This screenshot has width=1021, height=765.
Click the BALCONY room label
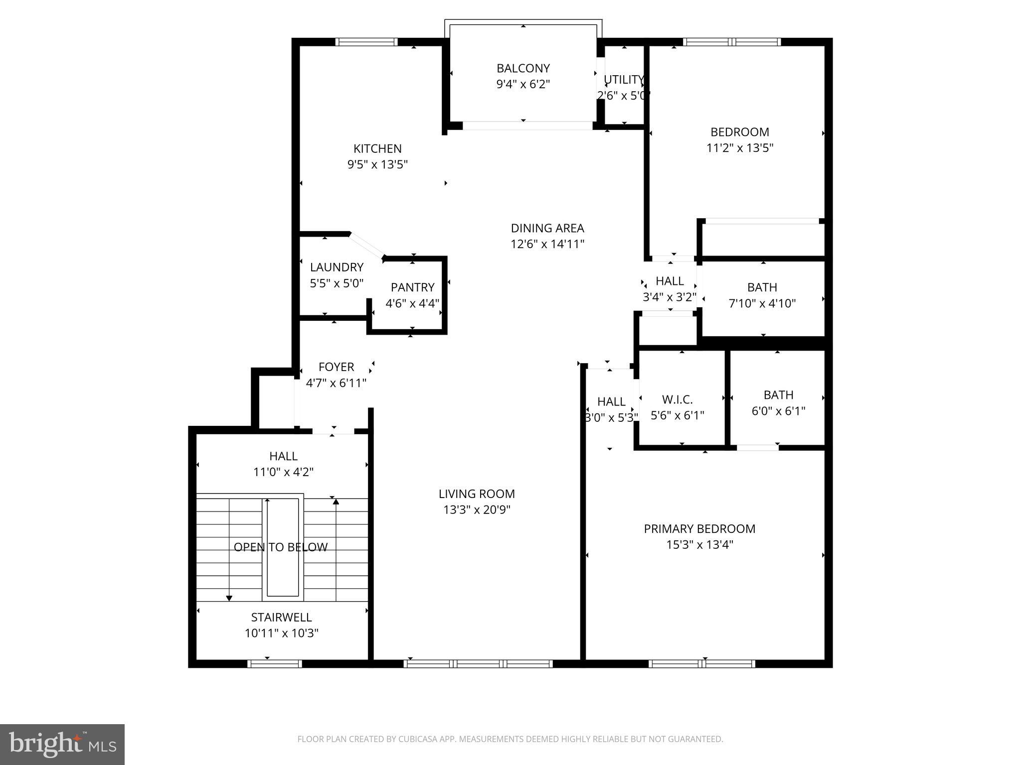pos(523,68)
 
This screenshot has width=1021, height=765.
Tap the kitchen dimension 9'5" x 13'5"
pos(377,164)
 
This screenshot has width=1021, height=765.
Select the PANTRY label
pos(412,287)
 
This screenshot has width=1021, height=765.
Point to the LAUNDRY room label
pos(337,267)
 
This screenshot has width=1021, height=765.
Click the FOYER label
pos(336,367)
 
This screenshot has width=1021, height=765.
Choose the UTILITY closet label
pos(624,80)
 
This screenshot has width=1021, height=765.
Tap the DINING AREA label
pos(547,228)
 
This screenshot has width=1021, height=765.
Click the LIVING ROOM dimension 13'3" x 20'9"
pos(477,510)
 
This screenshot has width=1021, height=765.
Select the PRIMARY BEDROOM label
pos(699,529)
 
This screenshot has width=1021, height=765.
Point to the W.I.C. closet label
pos(677,399)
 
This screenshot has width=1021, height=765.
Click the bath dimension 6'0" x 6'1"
pos(778,411)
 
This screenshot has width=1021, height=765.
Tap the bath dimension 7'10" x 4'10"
pos(762,303)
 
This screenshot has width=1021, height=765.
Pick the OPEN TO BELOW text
pos(281,547)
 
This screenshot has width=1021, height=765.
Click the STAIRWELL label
pos(281,618)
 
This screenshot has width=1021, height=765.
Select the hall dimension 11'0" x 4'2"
pos(283,472)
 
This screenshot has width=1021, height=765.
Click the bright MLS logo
pos(62,744)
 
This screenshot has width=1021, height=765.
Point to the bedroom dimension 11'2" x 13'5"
pos(739,148)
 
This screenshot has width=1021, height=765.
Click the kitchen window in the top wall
pos(366,42)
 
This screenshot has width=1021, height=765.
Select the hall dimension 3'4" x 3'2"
pos(669,297)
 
